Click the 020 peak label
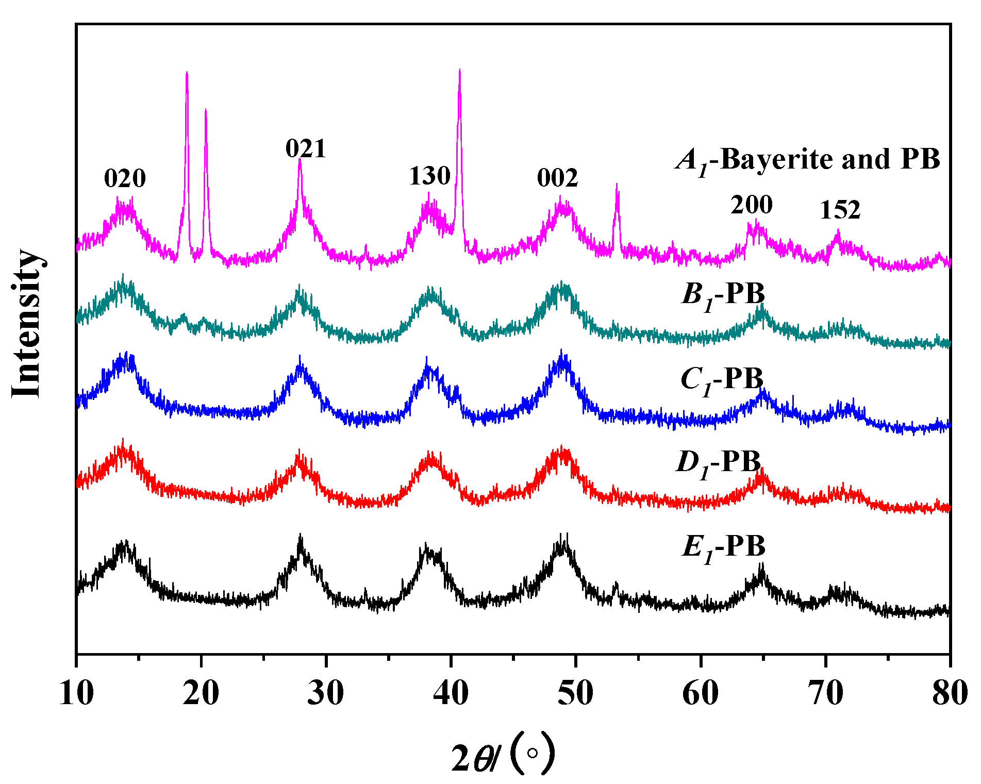[x=125, y=179]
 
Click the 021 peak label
[x=306, y=149]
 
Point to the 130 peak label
[x=429, y=176]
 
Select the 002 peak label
[x=557, y=178]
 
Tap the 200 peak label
[x=751, y=205]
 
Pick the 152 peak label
[x=840, y=210]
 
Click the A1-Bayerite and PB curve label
[x=808, y=160]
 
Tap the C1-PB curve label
[x=722, y=380]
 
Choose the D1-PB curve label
[x=718, y=462]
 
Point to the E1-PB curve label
[x=723, y=547]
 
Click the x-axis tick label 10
[x=76, y=693]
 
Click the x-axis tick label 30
[x=326, y=693]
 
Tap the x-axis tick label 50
[x=575, y=693]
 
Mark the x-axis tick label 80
[x=950, y=693]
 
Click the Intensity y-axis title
[x=27, y=324]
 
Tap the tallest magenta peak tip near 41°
[x=459, y=70]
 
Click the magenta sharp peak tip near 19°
[x=187, y=73]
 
